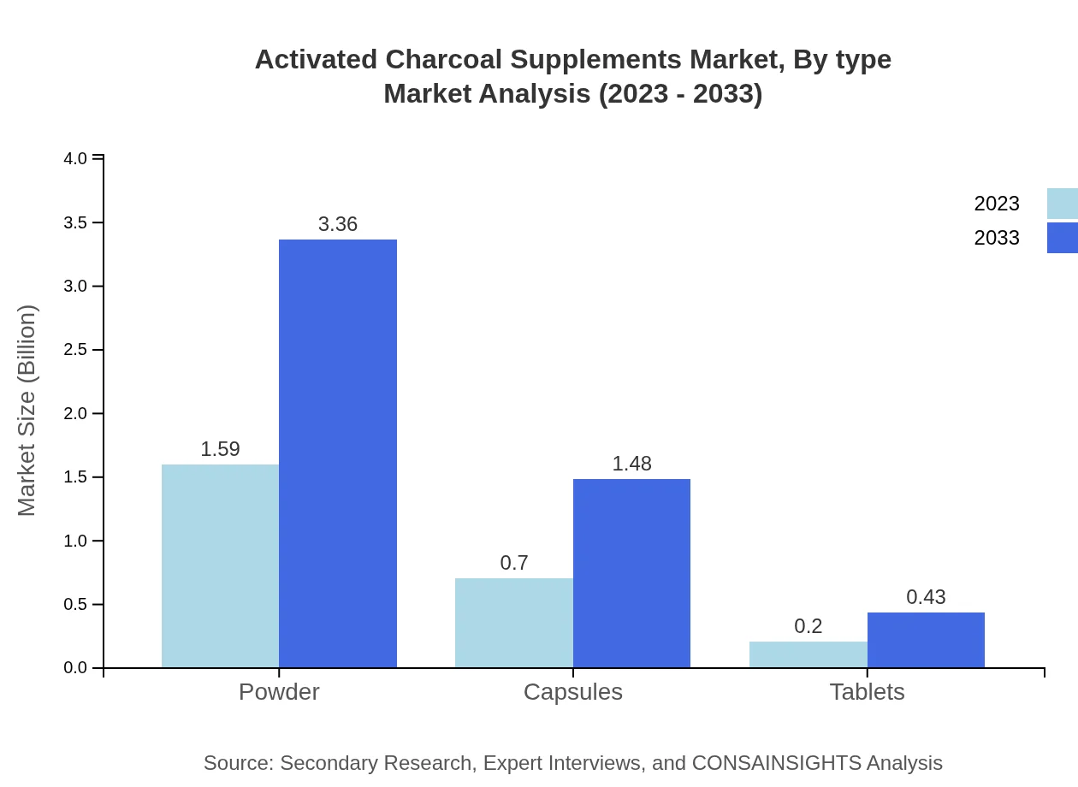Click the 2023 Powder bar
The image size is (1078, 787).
[220, 565]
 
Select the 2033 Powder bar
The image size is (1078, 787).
[338, 453]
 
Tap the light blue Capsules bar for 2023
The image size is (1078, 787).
[513, 623]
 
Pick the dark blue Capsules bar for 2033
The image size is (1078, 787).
[631, 573]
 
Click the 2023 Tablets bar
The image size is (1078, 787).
[808, 654]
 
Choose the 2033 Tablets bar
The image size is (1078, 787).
[926, 640]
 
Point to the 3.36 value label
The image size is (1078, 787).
[338, 224]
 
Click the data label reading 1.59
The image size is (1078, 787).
[220, 449]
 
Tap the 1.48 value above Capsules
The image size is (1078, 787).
[631, 464]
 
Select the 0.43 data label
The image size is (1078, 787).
[926, 597]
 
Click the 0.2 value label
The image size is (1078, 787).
[808, 626]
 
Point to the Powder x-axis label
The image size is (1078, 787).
[279, 692]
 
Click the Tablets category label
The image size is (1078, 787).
[867, 692]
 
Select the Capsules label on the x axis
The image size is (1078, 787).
[572, 692]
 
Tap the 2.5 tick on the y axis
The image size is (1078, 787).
[75, 350]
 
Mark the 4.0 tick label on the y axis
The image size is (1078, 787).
[75, 158]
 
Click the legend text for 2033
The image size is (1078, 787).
[997, 238]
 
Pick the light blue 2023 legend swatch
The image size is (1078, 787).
[1062, 204]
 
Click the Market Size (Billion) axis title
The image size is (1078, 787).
[27, 411]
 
